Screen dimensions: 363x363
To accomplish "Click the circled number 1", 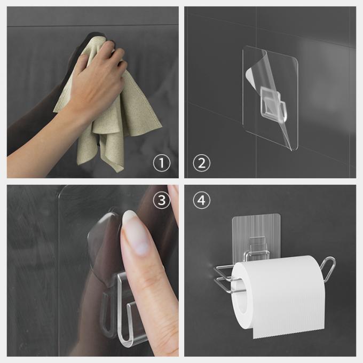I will (x=162, y=162).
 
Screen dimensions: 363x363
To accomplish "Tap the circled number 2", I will (x=201, y=162).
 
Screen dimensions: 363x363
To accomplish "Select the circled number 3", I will (x=161, y=201).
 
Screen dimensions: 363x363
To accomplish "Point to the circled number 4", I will (x=201, y=201).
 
